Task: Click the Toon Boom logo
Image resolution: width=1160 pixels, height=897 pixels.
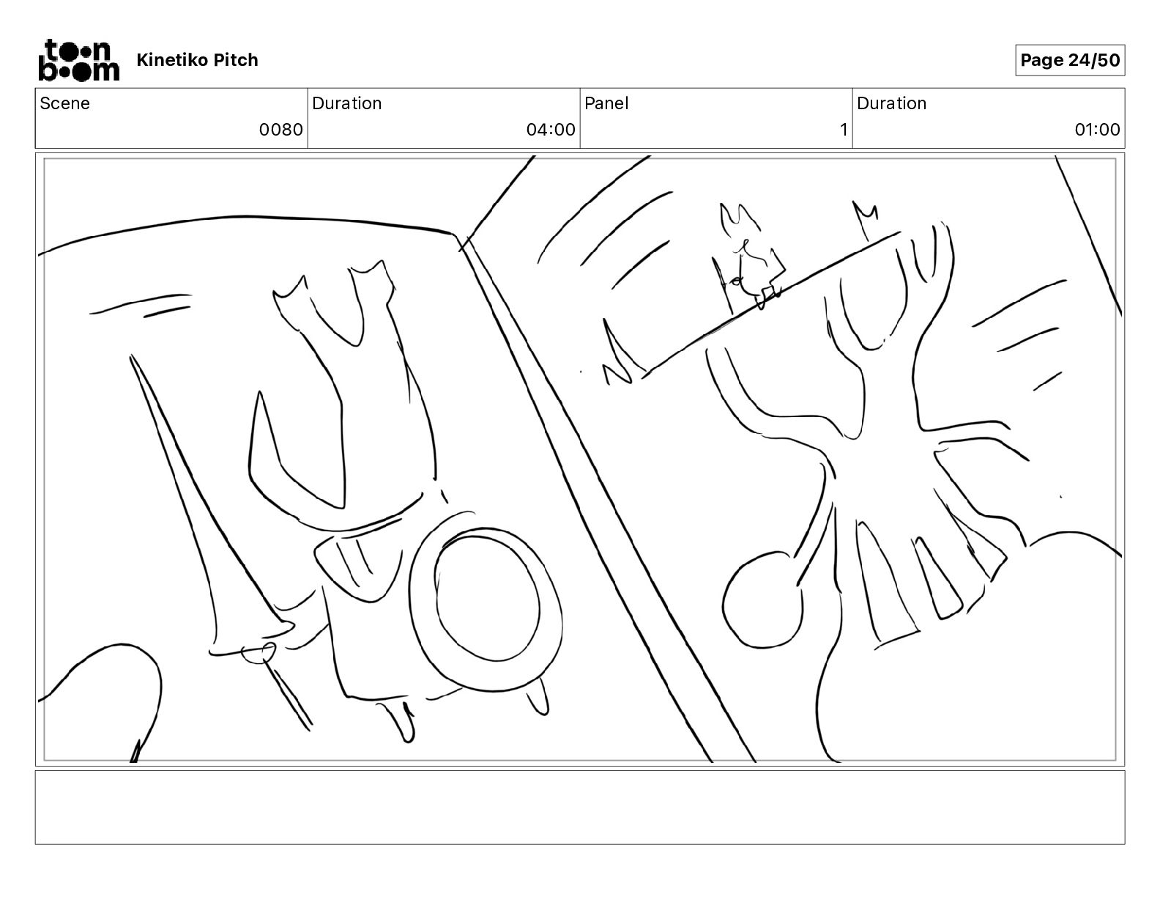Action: [79, 60]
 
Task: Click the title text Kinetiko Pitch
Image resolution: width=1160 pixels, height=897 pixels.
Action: [197, 60]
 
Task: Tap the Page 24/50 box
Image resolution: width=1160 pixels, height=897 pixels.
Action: [1069, 60]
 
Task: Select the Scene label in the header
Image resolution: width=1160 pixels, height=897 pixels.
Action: [64, 103]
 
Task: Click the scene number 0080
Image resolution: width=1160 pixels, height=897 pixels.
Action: [280, 129]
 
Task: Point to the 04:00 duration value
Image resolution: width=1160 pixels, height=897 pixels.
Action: [551, 129]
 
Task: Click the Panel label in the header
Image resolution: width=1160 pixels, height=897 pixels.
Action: [606, 103]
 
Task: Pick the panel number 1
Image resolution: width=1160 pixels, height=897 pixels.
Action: [844, 129]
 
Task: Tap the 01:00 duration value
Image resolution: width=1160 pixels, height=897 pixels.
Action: [1097, 129]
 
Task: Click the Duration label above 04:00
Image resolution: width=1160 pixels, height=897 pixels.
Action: [346, 103]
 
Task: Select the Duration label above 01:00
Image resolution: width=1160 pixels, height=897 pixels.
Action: [891, 103]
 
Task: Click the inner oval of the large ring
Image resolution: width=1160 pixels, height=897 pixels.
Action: [487, 594]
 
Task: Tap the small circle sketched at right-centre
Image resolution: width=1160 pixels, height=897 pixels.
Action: [762, 600]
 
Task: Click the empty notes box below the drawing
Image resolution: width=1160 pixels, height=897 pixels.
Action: [580, 807]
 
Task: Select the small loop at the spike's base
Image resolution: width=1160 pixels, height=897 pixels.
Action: [259, 653]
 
